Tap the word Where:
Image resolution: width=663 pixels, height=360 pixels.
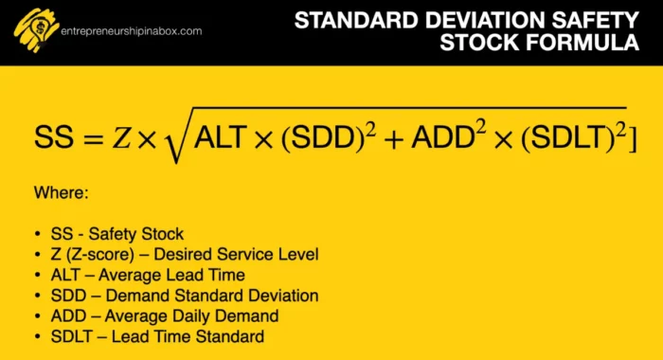(61, 193)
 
